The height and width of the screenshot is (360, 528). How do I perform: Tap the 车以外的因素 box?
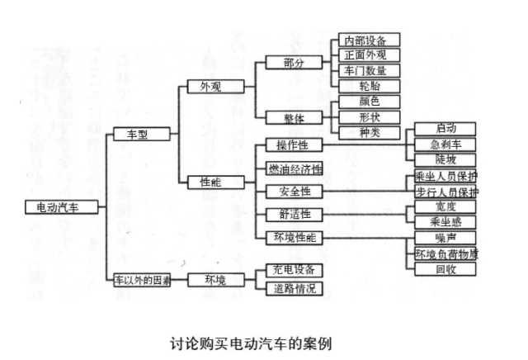click(x=142, y=281)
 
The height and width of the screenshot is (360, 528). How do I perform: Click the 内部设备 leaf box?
click(x=369, y=40)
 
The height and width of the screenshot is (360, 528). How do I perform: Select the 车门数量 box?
click(x=369, y=70)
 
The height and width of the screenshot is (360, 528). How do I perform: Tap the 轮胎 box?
click(x=369, y=86)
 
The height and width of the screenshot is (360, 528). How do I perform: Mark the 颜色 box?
click(x=369, y=102)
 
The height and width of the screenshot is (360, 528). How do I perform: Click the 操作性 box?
click(x=294, y=146)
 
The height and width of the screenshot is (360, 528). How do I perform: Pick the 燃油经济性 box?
click(x=294, y=168)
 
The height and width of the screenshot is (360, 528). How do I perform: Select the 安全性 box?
click(x=294, y=192)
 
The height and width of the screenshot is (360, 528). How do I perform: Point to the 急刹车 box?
click(x=445, y=144)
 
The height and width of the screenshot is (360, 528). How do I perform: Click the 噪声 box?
click(x=445, y=238)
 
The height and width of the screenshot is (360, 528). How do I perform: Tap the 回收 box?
click(x=445, y=269)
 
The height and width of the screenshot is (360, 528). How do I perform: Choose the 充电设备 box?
click(x=294, y=270)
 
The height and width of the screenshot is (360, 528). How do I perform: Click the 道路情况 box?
click(x=294, y=288)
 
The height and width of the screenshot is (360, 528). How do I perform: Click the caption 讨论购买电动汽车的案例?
click(x=251, y=340)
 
